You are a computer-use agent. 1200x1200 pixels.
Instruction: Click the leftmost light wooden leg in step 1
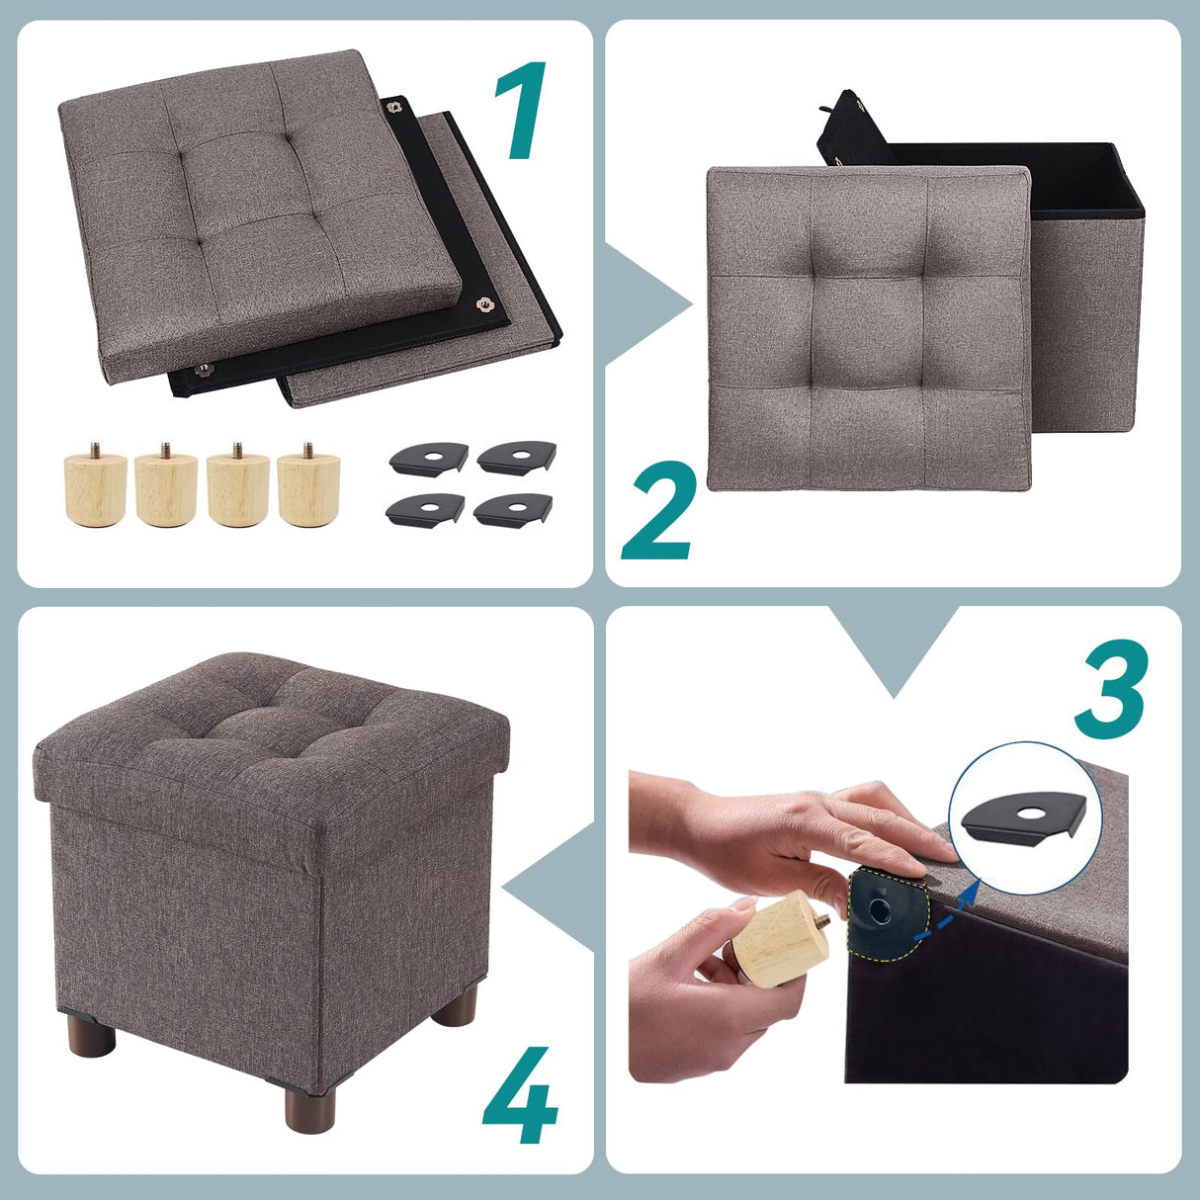96,486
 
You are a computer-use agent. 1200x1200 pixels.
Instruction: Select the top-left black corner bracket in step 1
427,458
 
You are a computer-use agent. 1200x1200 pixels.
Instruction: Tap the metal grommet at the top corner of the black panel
400,106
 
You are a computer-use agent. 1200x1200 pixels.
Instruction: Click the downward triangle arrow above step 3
894,647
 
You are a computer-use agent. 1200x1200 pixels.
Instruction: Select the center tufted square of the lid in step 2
868,329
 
